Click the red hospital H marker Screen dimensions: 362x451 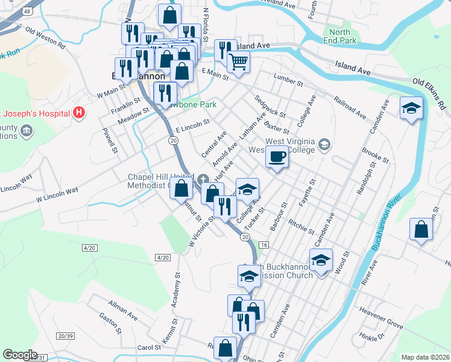click(x=78, y=112)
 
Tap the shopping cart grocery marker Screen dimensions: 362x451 click(x=239, y=61)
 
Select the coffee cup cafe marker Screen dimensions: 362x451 click(x=277, y=157)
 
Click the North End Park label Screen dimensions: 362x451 click(x=340, y=36)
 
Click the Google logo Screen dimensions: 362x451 click(x=20, y=355)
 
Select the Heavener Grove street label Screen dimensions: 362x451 click(x=381, y=317)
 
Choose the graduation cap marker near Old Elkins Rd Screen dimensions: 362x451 click(x=411, y=109)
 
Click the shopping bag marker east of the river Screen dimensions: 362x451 click(x=421, y=230)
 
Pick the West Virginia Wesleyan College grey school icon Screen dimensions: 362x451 click(x=324, y=144)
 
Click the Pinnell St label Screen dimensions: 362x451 click(x=109, y=140)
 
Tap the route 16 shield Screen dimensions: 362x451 click(x=263, y=244)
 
